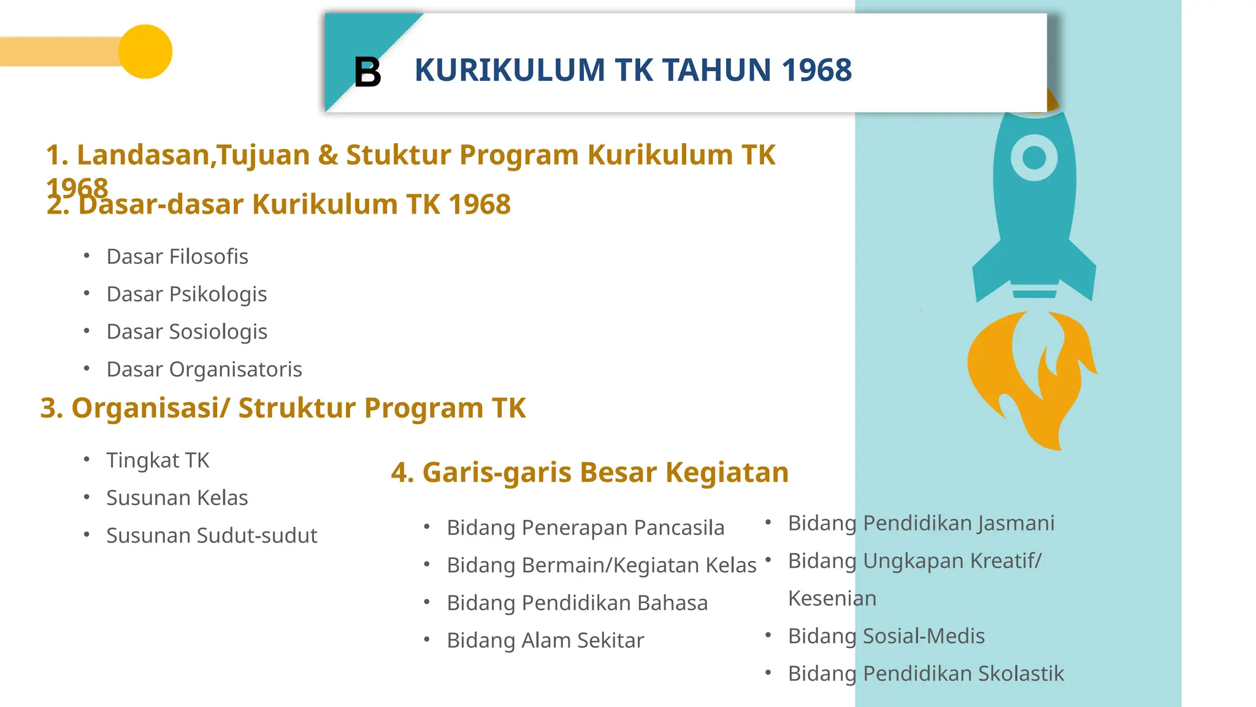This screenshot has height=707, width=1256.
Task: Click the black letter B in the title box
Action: [x=367, y=72]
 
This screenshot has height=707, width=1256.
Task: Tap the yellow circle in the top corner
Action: [x=145, y=52]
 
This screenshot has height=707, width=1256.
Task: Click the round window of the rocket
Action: [x=1034, y=158]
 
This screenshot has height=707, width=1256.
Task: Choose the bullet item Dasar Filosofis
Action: [x=177, y=257]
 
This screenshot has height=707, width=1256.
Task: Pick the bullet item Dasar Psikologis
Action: [x=186, y=295]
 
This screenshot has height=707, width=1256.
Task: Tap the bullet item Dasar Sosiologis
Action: [x=186, y=332]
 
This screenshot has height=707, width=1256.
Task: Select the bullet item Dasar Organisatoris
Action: [x=204, y=369]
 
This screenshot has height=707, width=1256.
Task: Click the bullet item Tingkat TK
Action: [x=158, y=460]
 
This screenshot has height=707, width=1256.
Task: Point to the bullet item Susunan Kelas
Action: [x=177, y=498]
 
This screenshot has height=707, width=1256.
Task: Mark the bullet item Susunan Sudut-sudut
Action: [x=212, y=536]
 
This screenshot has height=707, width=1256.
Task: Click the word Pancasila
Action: [x=679, y=528]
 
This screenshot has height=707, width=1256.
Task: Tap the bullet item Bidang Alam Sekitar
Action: [x=545, y=641]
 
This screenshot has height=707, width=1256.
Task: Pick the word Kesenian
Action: [x=832, y=598]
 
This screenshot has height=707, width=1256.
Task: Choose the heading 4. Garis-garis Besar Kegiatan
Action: [x=589, y=473]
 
